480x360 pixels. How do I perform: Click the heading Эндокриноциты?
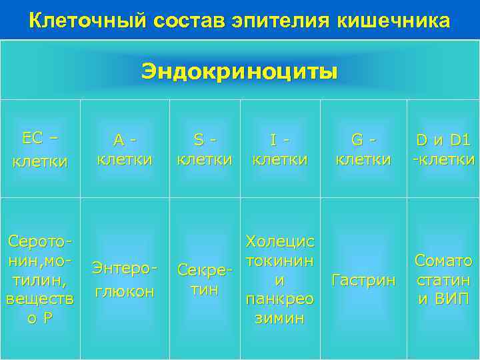tap(239, 71)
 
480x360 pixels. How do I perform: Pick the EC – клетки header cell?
tap(39, 149)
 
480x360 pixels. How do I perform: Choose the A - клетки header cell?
tap(125, 149)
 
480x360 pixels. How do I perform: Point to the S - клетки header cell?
tap(204, 149)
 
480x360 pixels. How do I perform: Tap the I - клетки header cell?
tap(279, 149)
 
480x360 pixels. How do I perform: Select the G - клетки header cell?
tap(363, 149)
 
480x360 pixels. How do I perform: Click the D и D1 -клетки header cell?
tap(443, 149)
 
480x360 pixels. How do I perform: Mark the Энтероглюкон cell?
tap(125, 280)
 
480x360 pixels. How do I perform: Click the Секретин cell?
tap(204, 280)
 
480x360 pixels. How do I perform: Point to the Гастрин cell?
tap(363, 280)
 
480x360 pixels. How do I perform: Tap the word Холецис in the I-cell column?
tap(279, 240)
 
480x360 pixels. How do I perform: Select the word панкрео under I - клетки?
tap(279, 299)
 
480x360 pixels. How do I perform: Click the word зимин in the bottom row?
tap(279, 319)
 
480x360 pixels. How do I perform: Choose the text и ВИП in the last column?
tap(443, 299)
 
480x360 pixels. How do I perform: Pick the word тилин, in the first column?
tap(39, 280)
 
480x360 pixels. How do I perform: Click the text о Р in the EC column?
tap(39, 319)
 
